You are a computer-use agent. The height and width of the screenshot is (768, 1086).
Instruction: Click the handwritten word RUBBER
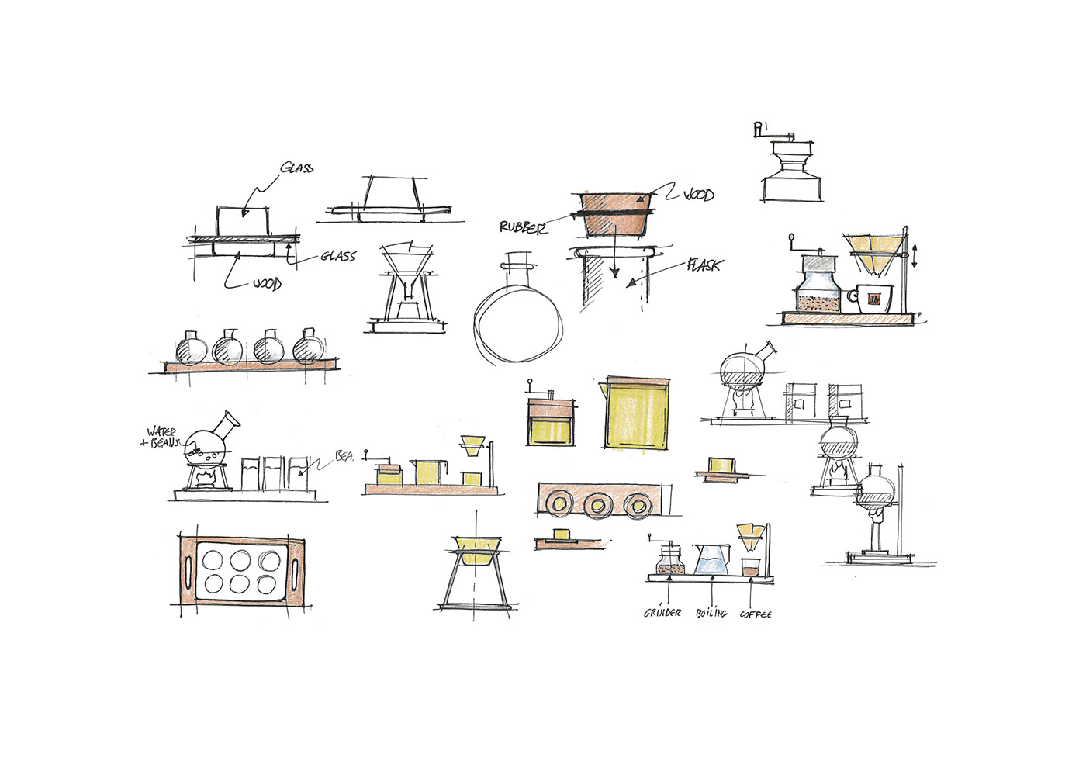[x=523, y=227]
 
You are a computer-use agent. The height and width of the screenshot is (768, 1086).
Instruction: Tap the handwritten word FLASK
[x=704, y=265]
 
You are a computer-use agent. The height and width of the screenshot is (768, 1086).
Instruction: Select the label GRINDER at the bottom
[x=662, y=613]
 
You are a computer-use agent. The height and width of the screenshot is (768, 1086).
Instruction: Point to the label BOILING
[x=711, y=614]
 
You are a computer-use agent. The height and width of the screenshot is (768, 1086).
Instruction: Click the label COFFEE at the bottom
[x=756, y=614]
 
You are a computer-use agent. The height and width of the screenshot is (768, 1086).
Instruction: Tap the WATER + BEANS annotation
[x=161, y=437]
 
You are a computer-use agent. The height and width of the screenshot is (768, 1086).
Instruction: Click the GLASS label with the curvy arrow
[x=297, y=168]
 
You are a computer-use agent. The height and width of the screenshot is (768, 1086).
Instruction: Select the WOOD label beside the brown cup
[x=698, y=195]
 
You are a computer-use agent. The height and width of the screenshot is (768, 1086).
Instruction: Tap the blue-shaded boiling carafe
[x=712, y=560]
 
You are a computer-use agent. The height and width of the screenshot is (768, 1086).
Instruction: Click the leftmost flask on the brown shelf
[x=189, y=349]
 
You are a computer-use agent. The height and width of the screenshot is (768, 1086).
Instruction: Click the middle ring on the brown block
[x=597, y=506]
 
